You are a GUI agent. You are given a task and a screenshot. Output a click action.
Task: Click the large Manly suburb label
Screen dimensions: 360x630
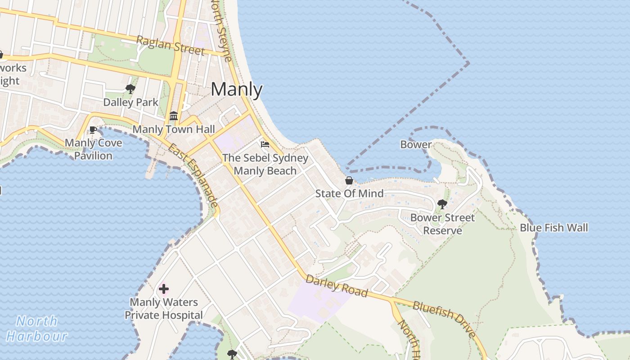pyautogui.click(x=236, y=90)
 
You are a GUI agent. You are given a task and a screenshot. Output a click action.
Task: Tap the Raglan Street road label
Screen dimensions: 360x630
pyautogui.click(x=170, y=46)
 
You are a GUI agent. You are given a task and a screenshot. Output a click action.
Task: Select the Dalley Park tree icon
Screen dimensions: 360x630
pyautogui.click(x=130, y=89)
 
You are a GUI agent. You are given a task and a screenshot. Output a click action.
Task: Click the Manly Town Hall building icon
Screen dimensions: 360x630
pyautogui.click(x=174, y=116)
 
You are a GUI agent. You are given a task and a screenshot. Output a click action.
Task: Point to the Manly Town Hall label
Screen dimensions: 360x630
pyautogui.click(x=174, y=129)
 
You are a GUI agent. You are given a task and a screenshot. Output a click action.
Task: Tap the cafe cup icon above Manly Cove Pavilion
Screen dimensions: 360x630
pyautogui.click(x=93, y=130)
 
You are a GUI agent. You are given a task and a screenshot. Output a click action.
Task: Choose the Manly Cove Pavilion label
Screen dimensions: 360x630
pyautogui.click(x=94, y=149)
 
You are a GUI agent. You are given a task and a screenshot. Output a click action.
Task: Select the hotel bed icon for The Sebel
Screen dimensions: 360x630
pyautogui.click(x=265, y=144)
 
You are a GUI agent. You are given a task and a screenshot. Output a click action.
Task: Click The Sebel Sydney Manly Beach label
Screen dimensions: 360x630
pyautogui.click(x=265, y=164)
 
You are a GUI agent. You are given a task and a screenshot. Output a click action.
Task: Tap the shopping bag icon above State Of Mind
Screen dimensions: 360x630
pyautogui.click(x=349, y=180)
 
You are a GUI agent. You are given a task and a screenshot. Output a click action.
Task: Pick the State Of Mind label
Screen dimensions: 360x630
pyautogui.click(x=349, y=193)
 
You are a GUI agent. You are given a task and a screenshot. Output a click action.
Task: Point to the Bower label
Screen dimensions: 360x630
pyautogui.click(x=416, y=144)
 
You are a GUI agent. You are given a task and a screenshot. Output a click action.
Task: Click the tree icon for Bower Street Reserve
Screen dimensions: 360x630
pyautogui.click(x=442, y=204)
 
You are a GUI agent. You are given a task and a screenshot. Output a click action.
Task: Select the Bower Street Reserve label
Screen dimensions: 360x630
pyautogui.click(x=442, y=224)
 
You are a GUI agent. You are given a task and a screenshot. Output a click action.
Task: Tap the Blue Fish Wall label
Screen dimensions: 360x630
pyautogui.click(x=553, y=228)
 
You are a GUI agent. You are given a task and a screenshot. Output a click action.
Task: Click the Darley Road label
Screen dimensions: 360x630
pyautogui.click(x=336, y=286)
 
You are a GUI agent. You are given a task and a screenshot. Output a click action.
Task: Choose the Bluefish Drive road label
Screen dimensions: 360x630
pyautogui.click(x=444, y=319)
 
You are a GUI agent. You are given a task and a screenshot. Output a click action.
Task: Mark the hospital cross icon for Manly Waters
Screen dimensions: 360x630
pyautogui.click(x=164, y=289)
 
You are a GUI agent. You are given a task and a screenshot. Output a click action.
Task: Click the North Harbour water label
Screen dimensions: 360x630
pyautogui.click(x=37, y=328)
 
